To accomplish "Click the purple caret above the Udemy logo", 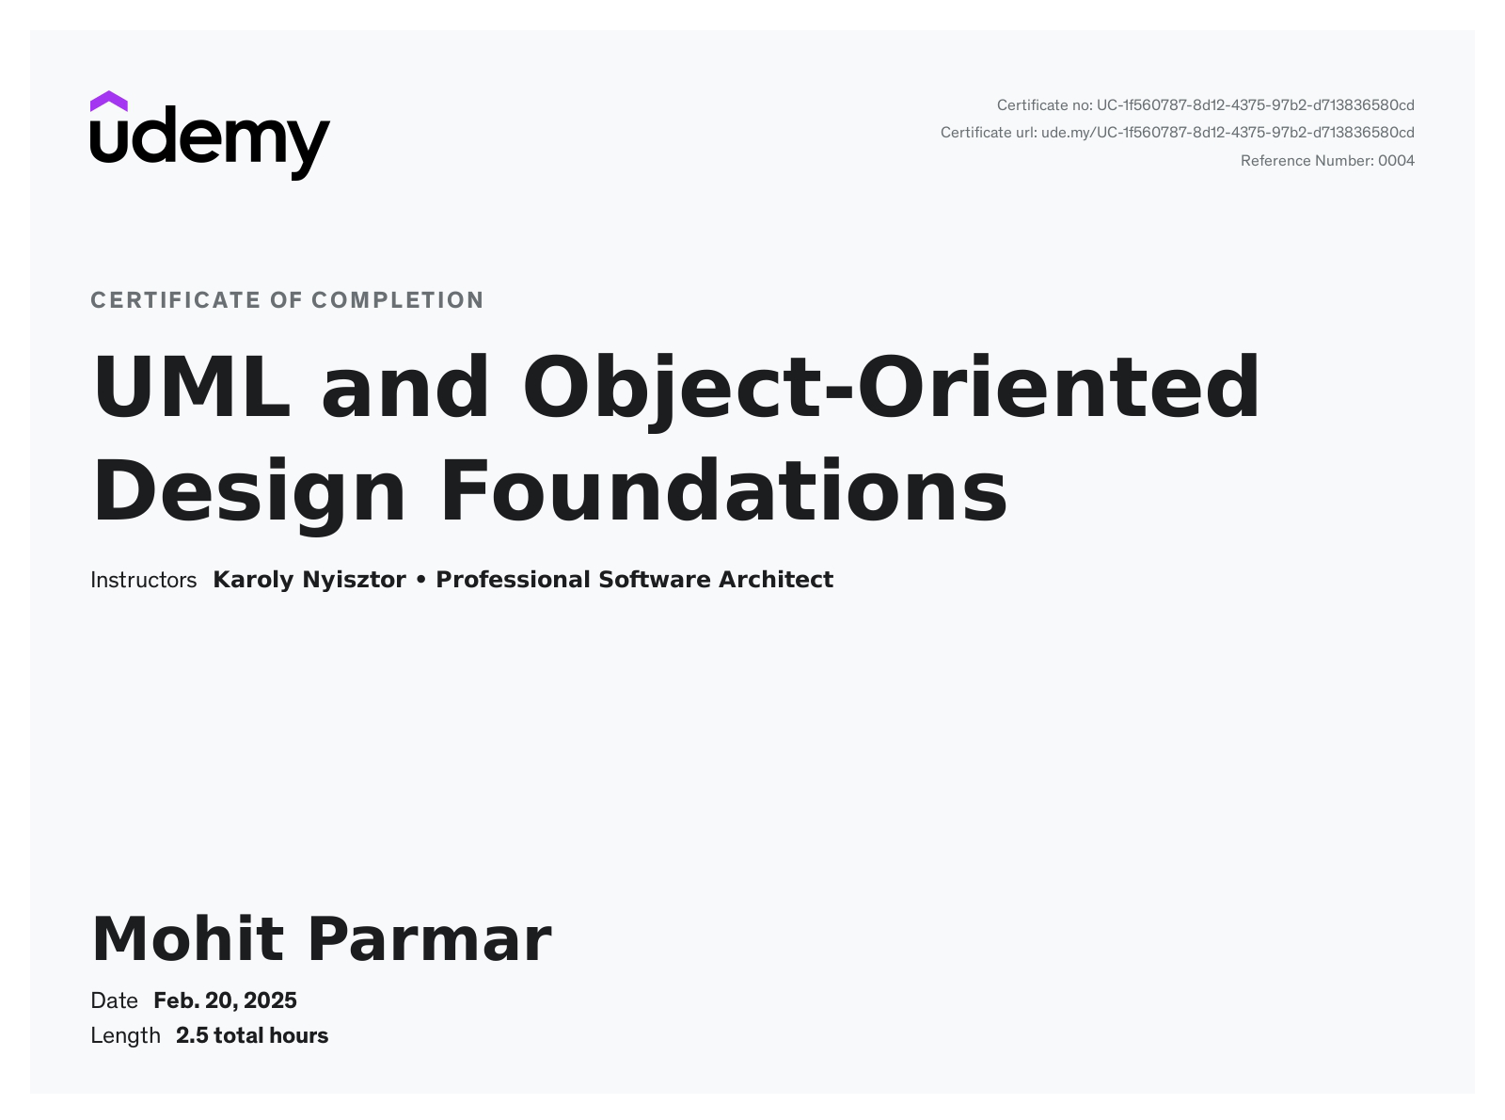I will [108, 101].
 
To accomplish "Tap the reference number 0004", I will [1396, 161].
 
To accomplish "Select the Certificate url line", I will [1177, 133].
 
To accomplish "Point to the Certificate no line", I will [1205, 105].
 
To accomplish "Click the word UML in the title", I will [192, 387].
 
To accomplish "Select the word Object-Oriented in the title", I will [890, 387].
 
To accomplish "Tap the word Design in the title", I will [249, 490].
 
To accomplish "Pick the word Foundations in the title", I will [723, 490].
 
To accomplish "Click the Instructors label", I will [143, 580].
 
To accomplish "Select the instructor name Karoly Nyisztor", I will [309, 580].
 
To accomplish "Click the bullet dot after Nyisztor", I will [420, 580].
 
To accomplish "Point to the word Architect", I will [775, 580].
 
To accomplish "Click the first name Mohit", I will [188, 939].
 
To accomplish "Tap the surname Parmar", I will [429, 939].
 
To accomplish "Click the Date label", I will [114, 1000].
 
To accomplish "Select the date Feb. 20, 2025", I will [225, 1000].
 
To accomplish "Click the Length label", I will [125, 1036].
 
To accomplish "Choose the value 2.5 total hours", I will [252, 1036].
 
